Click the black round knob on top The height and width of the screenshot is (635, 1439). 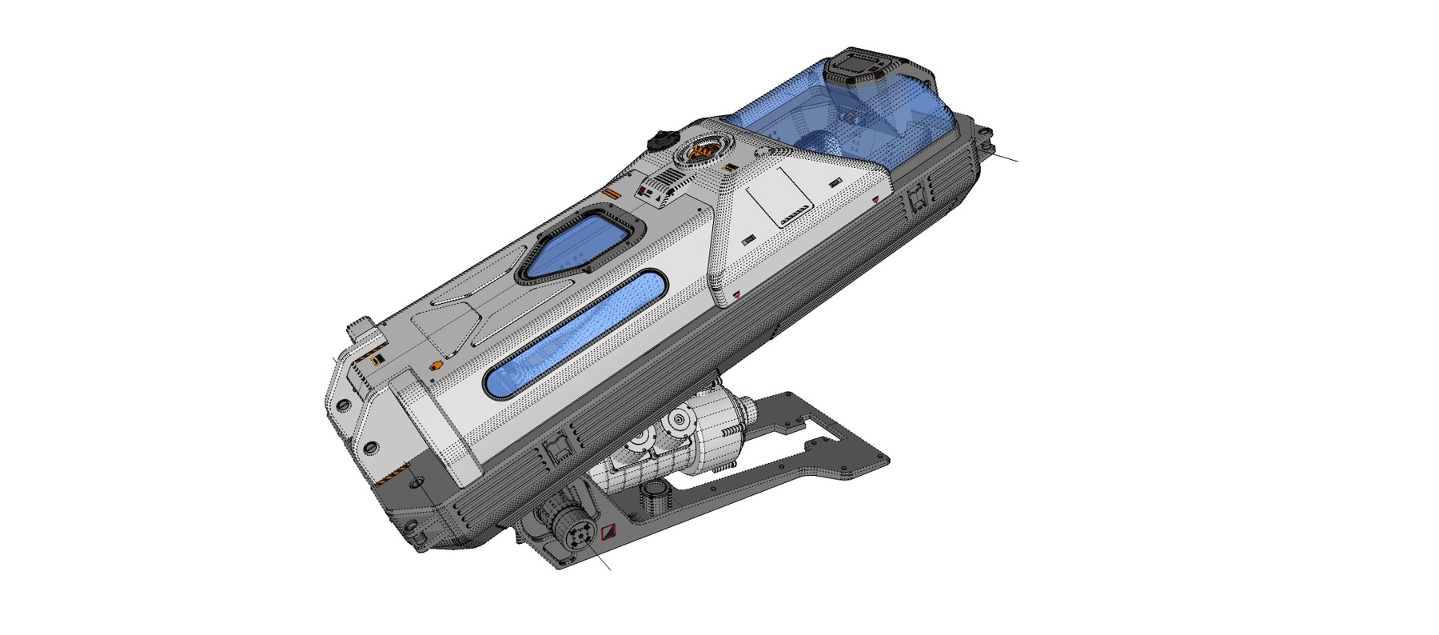pyautogui.click(x=660, y=140)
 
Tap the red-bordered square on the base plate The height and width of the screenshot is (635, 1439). pyautogui.click(x=608, y=531)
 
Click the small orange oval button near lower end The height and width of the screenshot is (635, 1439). pyautogui.click(x=436, y=365)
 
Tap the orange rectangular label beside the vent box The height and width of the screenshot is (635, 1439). pyautogui.click(x=612, y=194)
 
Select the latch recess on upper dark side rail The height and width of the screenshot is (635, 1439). pyautogui.click(x=916, y=196)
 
